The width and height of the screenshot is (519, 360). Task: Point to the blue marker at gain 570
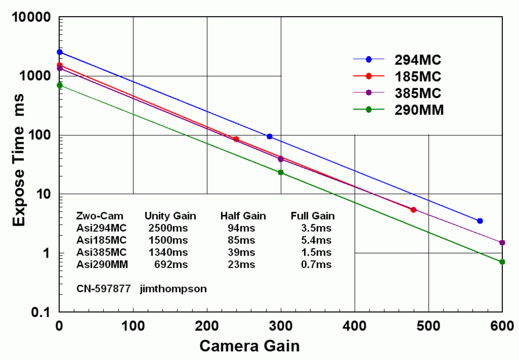tap(480, 221)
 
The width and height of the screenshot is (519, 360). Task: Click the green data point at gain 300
tap(281, 172)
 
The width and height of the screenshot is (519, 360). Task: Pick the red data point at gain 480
tap(413, 210)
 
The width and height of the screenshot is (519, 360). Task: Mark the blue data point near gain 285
tap(269, 137)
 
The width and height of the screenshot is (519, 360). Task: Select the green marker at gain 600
tap(502, 262)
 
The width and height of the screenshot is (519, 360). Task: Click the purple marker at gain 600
tap(502, 243)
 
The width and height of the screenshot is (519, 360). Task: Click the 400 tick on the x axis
tap(354, 325)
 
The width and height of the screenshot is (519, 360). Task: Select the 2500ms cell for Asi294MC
tap(168, 228)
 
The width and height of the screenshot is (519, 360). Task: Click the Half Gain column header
tap(243, 216)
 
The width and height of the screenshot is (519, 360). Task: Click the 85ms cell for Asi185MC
tap(241, 240)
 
